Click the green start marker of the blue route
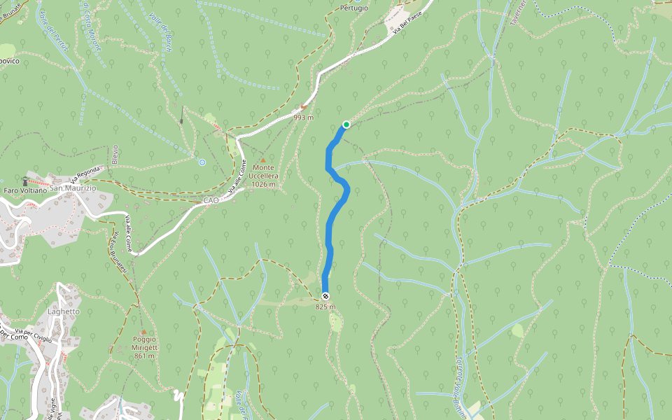tap(346, 125)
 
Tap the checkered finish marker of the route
tap(325, 296)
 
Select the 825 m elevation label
tap(325, 307)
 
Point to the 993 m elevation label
tap(303, 118)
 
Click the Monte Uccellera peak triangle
tap(264, 160)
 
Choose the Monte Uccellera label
tap(264, 176)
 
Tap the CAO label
tap(211, 200)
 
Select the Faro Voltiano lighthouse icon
tap(25, 180)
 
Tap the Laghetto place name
tap(64, 311)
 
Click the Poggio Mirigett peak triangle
tap(143, 332)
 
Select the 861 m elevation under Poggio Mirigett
tap(144, 356)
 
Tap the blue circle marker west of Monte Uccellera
tap(202, 162)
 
